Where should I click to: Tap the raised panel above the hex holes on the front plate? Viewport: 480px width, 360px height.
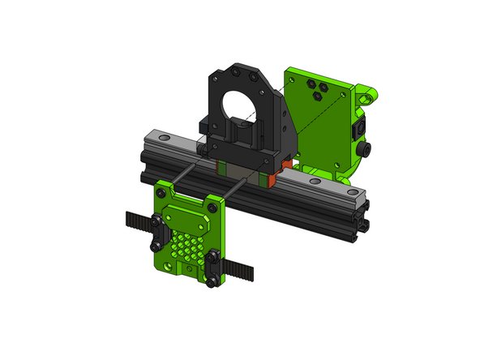tap(189, 217)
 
